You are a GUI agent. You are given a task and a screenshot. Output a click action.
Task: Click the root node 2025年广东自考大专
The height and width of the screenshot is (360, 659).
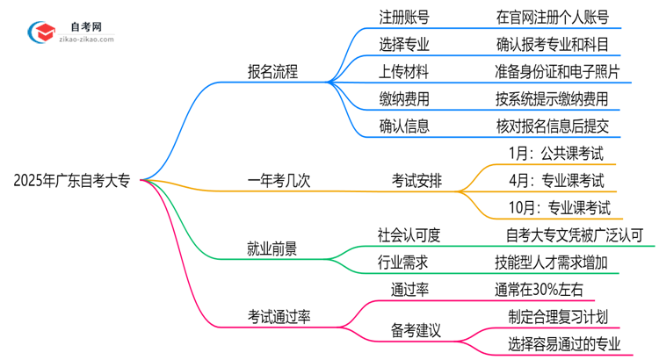(72, 182)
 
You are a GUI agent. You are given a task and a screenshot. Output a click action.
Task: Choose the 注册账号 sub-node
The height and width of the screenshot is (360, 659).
(404, 18)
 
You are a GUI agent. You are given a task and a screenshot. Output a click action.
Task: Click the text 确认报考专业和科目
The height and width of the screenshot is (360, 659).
(551, 44)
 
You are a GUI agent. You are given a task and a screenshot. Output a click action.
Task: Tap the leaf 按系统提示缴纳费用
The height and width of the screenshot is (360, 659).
(551, 98)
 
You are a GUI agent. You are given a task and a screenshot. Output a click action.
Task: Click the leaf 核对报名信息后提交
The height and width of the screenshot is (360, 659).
(551, 126)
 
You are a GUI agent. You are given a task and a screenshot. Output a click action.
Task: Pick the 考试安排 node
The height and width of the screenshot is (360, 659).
(416, 182)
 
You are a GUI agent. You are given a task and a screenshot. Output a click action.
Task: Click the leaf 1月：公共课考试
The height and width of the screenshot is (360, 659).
(556, 154)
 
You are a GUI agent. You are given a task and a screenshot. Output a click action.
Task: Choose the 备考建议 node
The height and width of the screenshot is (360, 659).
(416, 328)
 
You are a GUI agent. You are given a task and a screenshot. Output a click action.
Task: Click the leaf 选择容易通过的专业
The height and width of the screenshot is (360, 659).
(557, 342)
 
